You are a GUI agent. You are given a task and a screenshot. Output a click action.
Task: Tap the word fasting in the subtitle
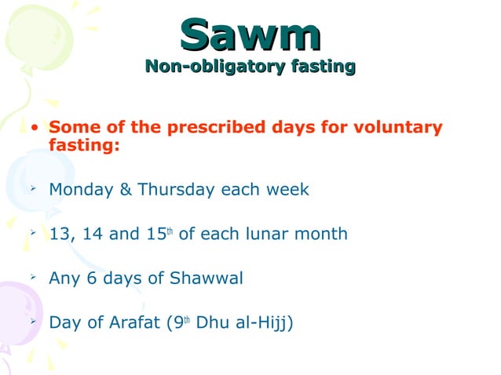(x=322, y=67)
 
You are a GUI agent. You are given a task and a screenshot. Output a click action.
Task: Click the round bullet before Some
(x=35, y=128)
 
